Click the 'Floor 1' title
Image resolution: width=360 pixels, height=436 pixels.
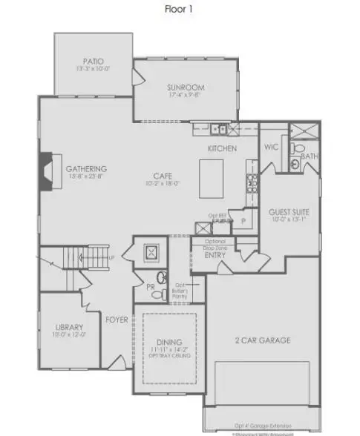pyautogui.click(x=180, y=10)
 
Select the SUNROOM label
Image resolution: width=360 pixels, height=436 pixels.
pyautogui.click(x=186, y=87)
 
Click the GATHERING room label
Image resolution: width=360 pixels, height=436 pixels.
pyautogui.click(x=86, y=168)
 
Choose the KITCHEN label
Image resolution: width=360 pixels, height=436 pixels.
pyautogui.click(x=222, y=149)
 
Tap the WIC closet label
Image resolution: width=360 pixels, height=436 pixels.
pyautogui.click(x=271, y=147)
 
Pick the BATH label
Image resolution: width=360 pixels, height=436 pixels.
pyautogui.click(x=310, y=156)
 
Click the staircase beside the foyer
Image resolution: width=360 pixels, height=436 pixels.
pyautogui.click(x=82, y=258)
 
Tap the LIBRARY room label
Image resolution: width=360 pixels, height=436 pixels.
pyautogui.click(x=68, y=327)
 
